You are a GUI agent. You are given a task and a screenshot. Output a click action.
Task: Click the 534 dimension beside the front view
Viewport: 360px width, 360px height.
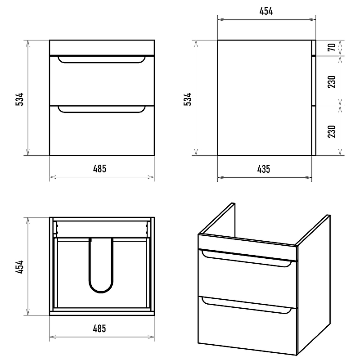19,99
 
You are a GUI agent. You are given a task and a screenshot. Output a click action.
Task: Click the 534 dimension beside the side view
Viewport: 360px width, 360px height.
188,99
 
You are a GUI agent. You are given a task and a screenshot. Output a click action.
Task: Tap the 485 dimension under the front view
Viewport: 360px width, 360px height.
99,169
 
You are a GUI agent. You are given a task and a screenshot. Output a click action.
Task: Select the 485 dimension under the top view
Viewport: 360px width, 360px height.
99,328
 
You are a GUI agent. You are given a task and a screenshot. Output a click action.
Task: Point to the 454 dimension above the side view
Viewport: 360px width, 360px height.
266,11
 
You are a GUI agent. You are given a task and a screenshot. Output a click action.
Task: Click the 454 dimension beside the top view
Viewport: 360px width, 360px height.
19,266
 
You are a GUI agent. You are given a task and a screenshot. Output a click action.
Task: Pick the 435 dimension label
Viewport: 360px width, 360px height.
264,169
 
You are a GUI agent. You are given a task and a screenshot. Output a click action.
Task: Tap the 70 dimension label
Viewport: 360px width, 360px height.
332,47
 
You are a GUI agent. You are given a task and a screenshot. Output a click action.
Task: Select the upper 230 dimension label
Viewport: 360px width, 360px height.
332,82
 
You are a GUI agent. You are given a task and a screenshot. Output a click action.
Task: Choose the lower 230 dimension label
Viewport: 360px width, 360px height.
332,131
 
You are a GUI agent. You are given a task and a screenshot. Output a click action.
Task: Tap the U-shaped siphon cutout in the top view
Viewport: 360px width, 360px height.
101,292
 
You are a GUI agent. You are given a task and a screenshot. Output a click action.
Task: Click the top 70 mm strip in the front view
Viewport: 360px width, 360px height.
102,48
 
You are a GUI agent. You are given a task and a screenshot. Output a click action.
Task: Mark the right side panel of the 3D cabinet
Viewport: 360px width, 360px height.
314,285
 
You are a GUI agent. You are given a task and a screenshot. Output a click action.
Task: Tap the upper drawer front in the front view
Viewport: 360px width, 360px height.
102,81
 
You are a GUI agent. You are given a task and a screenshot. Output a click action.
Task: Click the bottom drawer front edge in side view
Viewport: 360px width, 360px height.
314,131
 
